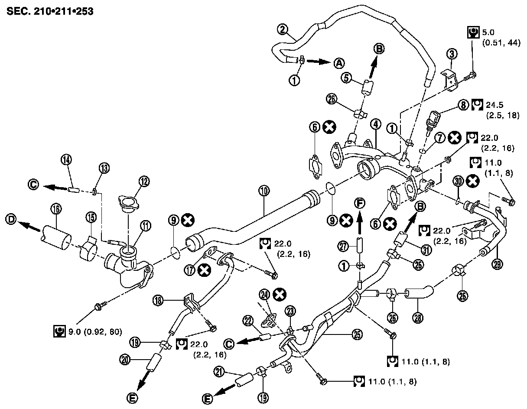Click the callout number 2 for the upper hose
pyautogui.click(x=283, y=30)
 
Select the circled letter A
pyautogui.click(x=339, y=63)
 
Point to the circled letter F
pyautogui.click(x=359, y=202)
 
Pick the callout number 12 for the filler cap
pyautogui.click(x=144, y=180)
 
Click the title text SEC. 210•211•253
pyautogui.click(x=50, y=10)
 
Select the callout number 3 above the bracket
pyautogui.click(x=452, y=54)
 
